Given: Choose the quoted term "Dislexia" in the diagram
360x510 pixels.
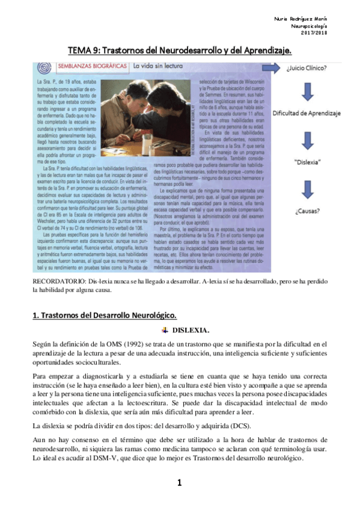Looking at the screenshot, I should pyautogui.click(x=307, y=162).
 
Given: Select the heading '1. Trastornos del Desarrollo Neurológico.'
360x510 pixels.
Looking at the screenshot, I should pyautogui.click(x=105, y=315).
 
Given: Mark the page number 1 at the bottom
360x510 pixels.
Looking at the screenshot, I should pyautogui.click(x=180, y=482).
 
